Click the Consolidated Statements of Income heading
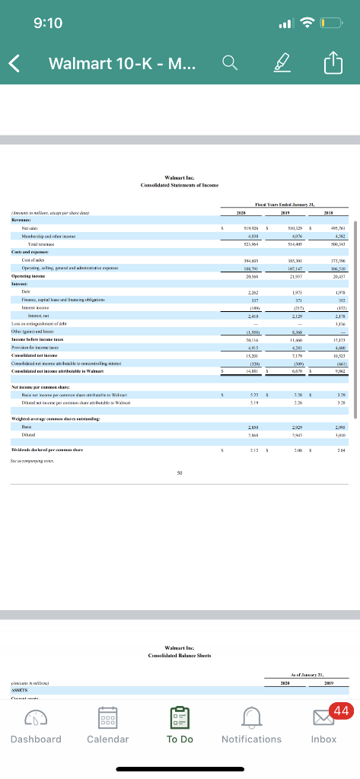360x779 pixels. click(180, 164)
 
